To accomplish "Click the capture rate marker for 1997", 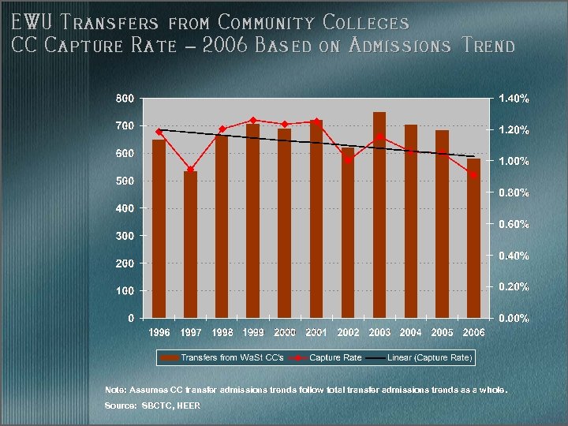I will [190, 170].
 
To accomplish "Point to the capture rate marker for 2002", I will [348, 159].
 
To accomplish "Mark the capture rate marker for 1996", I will [159, 132].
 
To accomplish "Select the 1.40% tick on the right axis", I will [514, 99].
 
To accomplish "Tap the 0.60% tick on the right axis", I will [514, 224].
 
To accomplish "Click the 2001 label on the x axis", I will [316, 332].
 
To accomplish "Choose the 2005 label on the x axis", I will [443, 332].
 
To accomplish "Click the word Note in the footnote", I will [114, 390].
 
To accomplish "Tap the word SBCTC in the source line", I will [154, 405].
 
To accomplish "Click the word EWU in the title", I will [28, 24].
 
